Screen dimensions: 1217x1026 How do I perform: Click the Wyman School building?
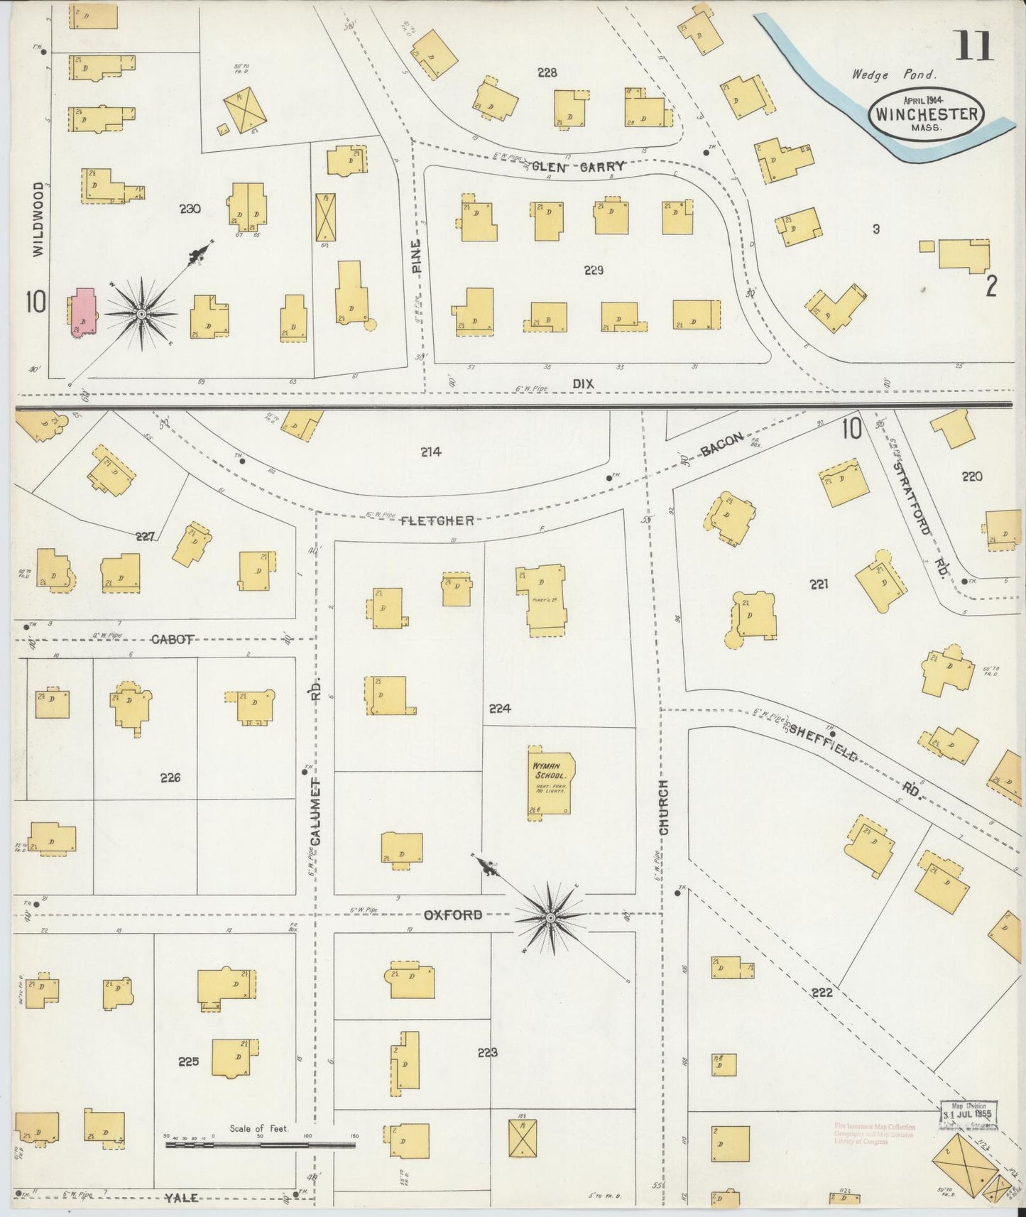tap(550, 782)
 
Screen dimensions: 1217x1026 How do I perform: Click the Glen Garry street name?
tap(578, 167)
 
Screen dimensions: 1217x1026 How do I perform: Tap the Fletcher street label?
tap(437, 520)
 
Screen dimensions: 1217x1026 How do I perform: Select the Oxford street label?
tap(453, 915)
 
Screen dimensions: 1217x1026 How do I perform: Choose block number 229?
tap(594, 270)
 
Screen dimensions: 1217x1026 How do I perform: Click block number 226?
tap(170, 777)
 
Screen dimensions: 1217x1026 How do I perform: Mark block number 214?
tap(430, 451)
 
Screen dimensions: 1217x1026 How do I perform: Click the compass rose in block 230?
tap(141, 313)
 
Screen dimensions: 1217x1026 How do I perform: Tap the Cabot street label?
tap(171, 638)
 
